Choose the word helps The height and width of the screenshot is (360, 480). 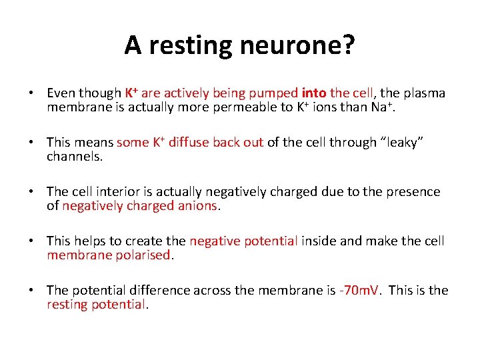click(x=92, y=241)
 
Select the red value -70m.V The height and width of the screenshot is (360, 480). click(x=359, y=290)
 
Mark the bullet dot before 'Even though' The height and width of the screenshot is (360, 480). click(x=31, y=93)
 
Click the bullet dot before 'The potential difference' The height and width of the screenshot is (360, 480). click(x=31, y=291)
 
